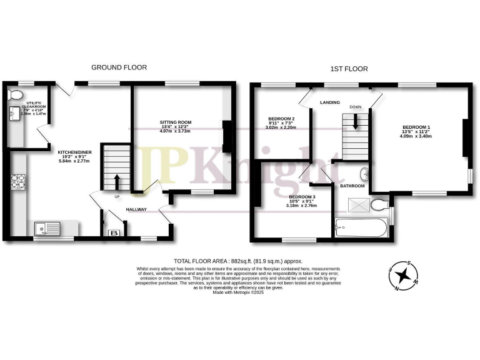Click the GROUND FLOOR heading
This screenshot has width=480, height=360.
[119, 67]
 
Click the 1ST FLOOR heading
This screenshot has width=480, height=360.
[350, 69]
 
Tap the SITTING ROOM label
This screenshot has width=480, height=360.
[176, 122]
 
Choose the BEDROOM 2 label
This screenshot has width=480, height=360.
[281, 119]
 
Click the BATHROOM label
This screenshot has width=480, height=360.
[352, 186]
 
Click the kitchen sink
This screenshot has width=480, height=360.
[46, 229]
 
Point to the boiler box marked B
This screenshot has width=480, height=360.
[114, 232]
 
